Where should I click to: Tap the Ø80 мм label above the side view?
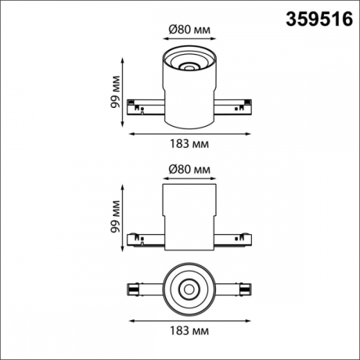(x=189, y=169)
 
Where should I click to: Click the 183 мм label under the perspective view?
(x=189, y=143)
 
